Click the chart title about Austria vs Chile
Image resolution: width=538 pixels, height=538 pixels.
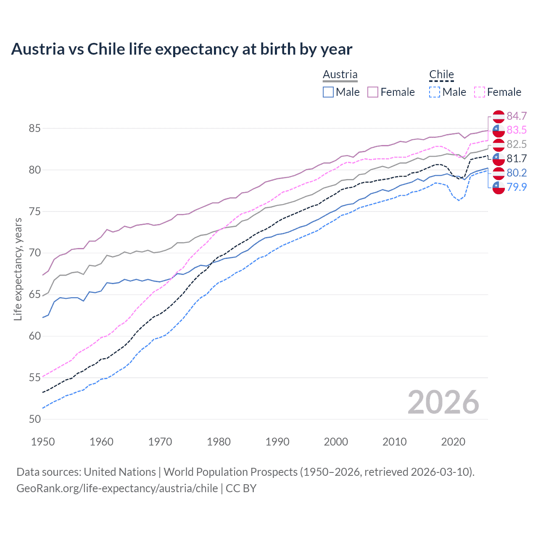click(x=182, y=49)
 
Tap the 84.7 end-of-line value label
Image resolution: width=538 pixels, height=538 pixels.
click(x=517, y=116)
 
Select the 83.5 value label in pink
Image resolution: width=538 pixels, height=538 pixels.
click(x=517, y=130)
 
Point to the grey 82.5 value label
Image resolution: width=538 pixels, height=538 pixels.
click(x=517, y=144)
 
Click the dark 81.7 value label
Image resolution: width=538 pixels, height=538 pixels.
click(x=517, y=158)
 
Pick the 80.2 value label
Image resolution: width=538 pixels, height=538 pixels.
click(x=517, y=173)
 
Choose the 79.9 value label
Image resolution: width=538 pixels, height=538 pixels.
click(x=517, y=187)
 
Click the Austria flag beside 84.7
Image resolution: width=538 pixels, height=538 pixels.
click(x=498, y=116)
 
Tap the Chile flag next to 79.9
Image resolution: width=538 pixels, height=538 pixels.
click(x=498, y=187)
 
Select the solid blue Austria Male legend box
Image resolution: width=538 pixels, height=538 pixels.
click(x=328, y=92)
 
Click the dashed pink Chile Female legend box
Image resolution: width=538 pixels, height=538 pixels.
click(x=480, y=92)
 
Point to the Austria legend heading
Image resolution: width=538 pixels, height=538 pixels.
click(x=340, y=74)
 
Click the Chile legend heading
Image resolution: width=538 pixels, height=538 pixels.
click(x=441, y=74)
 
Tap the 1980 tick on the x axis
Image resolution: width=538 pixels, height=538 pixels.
click(x=219, y=442)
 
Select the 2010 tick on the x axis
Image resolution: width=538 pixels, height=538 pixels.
click(x=394, y=442)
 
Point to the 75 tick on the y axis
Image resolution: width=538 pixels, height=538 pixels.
click(x=34, y=211)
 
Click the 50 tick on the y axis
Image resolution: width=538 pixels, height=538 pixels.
click(x=34, y=419)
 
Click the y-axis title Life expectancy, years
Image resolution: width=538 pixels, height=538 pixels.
click(x=18, y=269)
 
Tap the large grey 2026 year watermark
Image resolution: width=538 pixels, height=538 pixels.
click(x=443, y=402)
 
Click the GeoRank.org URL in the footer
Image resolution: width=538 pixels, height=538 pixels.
click(x=117, y=488)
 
